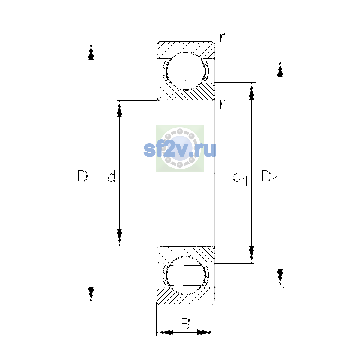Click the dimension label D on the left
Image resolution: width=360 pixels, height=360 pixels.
coord(82,176)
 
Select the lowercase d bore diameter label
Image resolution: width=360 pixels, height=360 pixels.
coord(112,176)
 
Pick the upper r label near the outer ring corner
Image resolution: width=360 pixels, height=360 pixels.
coord(222,37)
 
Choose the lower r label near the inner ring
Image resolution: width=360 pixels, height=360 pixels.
coord(222,104)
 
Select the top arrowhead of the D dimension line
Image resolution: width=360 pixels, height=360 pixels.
coord(91,50)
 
